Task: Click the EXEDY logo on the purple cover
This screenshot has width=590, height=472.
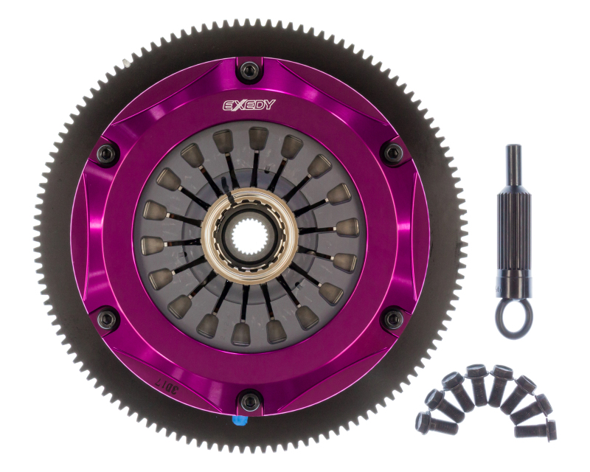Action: point(250,105)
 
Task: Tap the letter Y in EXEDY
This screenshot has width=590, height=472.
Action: point(269,105)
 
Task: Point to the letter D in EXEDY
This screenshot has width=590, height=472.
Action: point(259,105)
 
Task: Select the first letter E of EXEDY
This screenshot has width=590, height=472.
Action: point(229,105)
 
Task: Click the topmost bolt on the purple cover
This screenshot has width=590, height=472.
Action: point(251,72)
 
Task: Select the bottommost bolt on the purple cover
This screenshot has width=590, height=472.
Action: point(251,402)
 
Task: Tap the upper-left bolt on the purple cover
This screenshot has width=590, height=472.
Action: point(108,154)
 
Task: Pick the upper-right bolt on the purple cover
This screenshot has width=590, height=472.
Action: point(393,153)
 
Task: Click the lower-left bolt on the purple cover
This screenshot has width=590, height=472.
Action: point(108,319)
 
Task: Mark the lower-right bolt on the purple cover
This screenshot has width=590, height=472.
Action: point(394,319)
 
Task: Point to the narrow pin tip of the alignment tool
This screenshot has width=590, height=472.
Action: point(513,159)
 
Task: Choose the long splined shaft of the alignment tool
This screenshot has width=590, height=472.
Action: point(513,221)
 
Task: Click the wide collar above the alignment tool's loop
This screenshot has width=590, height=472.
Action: point(513,284)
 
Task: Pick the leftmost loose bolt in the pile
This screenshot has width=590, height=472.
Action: point(426,422)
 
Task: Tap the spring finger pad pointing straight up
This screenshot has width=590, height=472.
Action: point(259,139)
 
